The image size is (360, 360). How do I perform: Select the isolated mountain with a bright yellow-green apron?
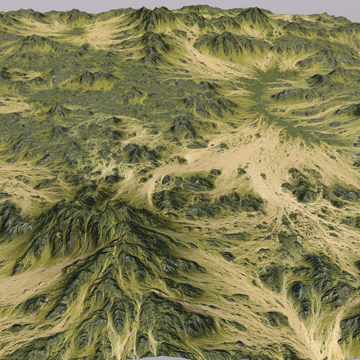tap(90, 78)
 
